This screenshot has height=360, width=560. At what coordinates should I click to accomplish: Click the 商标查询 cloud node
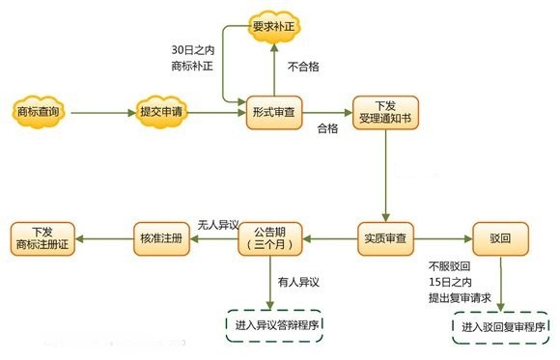coord(39,112)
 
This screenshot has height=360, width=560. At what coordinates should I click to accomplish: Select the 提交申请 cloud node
coord(161,112)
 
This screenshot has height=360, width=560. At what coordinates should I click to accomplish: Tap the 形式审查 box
coord(271,112)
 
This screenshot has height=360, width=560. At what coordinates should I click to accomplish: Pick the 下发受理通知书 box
coord(384,112)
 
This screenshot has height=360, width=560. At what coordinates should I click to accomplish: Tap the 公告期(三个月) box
coord(270,236)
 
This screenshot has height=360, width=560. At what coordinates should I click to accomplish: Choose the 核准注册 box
coord(159,236)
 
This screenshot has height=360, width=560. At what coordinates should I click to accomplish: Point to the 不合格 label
coord(303,67)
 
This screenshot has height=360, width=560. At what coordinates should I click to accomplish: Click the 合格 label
coord(328,128)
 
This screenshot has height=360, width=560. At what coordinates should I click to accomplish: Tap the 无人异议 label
coord(217,223)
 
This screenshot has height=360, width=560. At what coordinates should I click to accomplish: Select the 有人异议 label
coord(298,282)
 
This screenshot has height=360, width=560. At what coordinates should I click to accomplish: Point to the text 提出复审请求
coord(461,298)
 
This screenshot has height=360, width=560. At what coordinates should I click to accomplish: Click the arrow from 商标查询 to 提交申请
coord(100,112)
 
